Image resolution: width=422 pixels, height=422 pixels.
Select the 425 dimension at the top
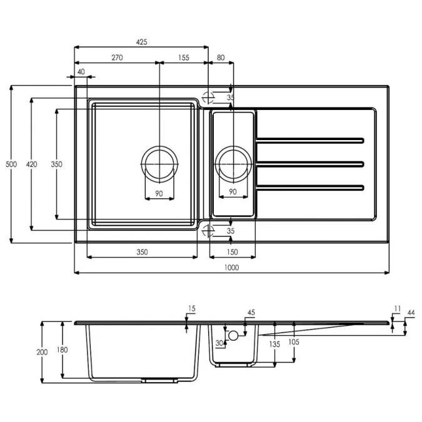[x=141, y=43]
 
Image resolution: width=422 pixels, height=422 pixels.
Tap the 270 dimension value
[x=116, y=58]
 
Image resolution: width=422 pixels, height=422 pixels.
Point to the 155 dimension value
[x=183, y=58]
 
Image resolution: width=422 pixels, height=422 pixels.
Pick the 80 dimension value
[x=221, y=58]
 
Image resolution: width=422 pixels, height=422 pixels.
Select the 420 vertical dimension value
[x=31, y=164]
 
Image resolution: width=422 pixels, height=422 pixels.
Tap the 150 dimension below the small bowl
[x=233, y=252]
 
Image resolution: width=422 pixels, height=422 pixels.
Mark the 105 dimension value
[x=294, y=342]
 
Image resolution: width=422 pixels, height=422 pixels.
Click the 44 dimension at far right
[x=411, y=312]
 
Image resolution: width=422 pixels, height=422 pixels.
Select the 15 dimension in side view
[x=192, y=308]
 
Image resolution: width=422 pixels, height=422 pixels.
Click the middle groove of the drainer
[x=310, y=164]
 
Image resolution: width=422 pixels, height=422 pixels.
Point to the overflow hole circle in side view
[x=234, y=336]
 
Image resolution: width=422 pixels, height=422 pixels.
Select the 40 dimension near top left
[x=81, y=72]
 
